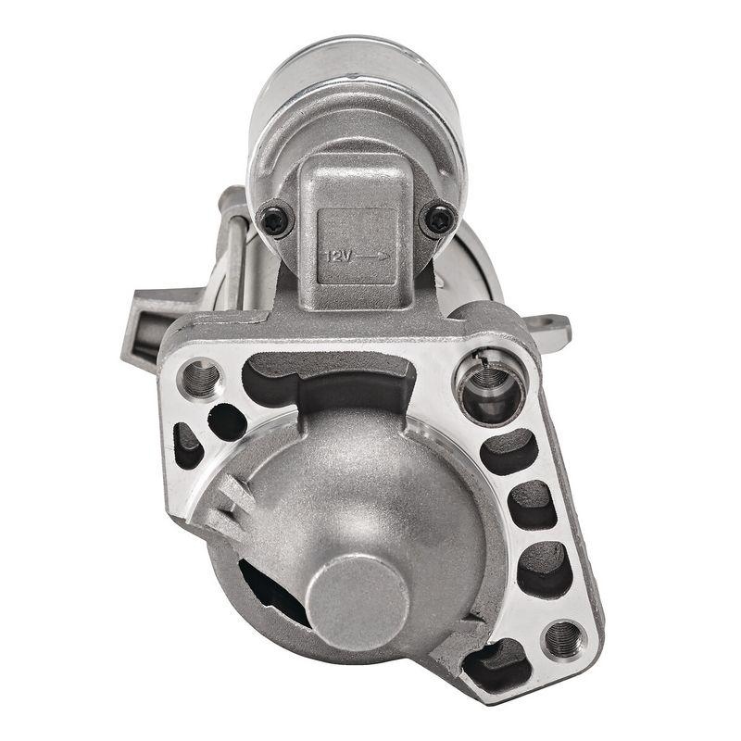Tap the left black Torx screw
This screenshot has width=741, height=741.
coord(275,220)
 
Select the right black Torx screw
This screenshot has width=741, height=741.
coord(438,220)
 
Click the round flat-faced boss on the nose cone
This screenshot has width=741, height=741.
coord(358,603)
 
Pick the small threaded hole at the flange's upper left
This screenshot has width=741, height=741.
coord(201,377)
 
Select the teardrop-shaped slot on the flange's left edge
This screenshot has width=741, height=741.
coord(188,446)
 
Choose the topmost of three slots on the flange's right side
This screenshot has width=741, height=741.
coord(509,451)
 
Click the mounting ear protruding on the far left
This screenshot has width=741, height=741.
coord(144,324)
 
